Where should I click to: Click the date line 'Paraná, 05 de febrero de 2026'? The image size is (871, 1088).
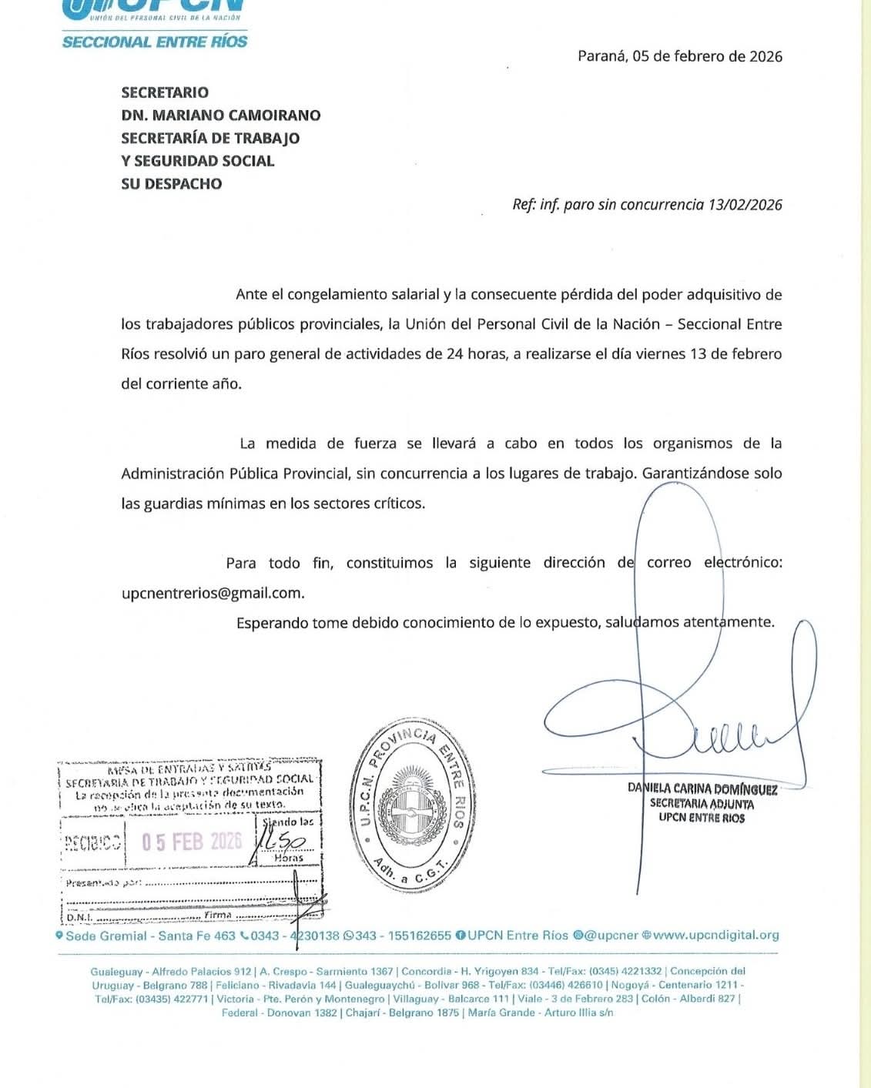click(x=679, y=56)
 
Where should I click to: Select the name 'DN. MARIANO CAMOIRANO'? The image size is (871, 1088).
click(x=220, y=115)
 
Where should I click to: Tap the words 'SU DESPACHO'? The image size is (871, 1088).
click(x=171, y=184)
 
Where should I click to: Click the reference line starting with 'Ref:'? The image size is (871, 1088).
click(x=647, y=205)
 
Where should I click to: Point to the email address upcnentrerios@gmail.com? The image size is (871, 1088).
click(x=212, y=593)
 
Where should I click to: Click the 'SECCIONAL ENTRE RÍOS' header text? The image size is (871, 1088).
click(x=155, y=42)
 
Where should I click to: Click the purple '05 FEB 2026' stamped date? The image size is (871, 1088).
click(x=192, y=841)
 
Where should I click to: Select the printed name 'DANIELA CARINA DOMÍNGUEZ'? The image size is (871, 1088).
click(x=702, y=789)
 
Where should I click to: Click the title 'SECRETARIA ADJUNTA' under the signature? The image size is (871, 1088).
click(x=702, y=804)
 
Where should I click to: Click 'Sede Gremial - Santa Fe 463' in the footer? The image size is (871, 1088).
click(x=150, y=936)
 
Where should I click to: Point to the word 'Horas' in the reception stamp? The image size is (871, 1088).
click(x=289, y=858)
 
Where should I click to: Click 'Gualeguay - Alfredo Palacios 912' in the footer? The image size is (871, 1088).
click(x=170, y=972)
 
